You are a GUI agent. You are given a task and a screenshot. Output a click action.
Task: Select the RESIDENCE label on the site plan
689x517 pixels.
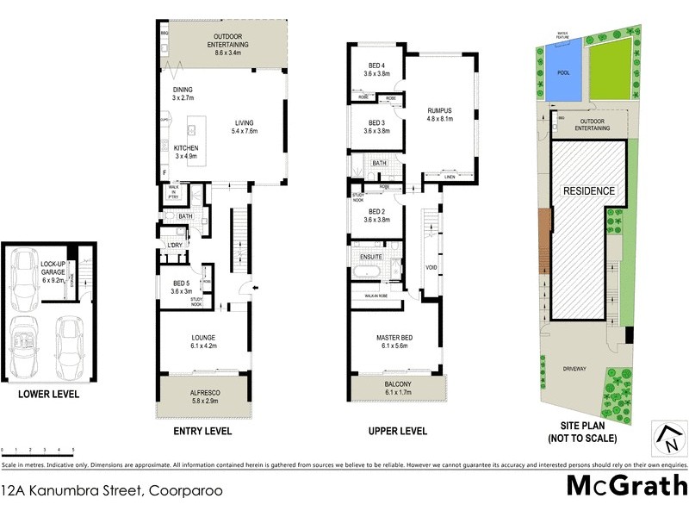tap(590, 190)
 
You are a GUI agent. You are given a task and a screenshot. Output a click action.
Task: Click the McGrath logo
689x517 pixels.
tap(626, 486)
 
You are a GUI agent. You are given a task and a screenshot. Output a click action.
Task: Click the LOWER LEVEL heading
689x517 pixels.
tap(48, 394)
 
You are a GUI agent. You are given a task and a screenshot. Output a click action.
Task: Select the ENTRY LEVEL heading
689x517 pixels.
tap(203, 431)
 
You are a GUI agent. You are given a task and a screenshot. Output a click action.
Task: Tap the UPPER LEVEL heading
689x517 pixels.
tap(398, 431)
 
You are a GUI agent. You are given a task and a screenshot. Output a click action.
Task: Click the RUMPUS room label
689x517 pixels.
tap(439, 110)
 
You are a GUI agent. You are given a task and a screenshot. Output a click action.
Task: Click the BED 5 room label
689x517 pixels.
tap(181, 283)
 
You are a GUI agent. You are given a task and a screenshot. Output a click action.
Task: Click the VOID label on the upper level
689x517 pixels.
tap(431, 267)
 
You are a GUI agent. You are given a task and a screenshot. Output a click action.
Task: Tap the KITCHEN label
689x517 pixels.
tap(186, 147)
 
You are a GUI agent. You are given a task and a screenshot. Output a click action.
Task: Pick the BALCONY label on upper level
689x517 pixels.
tap(398, 384)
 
